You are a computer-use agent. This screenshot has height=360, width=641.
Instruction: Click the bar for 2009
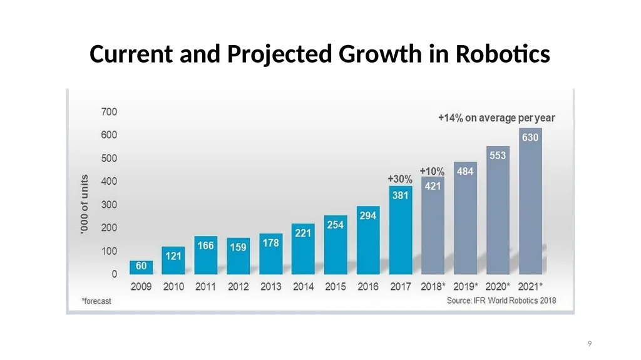(141, 267)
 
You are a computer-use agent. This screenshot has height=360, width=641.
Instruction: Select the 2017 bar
(401, 230)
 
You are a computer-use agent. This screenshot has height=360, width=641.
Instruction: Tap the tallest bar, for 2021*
(531, 201)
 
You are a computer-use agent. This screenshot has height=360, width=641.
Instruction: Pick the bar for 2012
(238, 256)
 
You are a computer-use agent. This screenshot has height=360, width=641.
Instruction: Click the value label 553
(498, 155)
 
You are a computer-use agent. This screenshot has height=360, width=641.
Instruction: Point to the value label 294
(368, 215)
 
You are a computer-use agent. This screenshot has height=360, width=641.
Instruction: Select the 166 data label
(205, 245)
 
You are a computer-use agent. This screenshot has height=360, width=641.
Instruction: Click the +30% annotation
(400, 179)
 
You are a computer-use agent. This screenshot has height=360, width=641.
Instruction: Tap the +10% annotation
(432, 171)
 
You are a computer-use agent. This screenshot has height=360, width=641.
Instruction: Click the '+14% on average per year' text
(496, 118)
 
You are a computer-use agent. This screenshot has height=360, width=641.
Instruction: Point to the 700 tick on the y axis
(109, 111)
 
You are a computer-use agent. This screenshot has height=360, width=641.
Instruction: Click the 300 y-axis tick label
(109, 205)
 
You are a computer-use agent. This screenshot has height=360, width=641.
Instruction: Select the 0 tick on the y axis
(115, 274)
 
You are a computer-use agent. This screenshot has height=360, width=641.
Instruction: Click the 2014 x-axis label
(304, 287)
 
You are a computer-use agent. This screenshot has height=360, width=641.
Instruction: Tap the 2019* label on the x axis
(466, 287)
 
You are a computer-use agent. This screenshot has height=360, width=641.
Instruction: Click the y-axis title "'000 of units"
(85, 205)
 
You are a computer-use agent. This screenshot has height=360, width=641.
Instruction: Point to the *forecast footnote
(96, 301)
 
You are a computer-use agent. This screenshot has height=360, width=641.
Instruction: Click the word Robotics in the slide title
(503, 54)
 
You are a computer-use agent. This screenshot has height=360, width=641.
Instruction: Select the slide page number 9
(590, 344)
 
